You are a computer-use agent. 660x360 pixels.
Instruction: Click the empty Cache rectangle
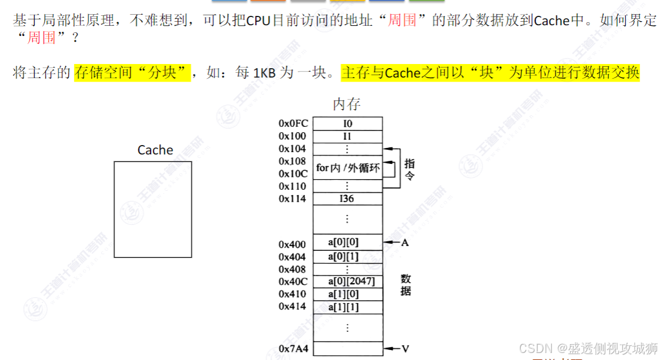[x=153, y=209]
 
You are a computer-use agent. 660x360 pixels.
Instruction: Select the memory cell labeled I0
[x=347, y=124]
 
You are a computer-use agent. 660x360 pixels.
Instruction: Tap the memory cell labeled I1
[x=347, y=136]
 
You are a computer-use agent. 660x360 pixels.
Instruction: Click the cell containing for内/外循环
[x=347, y=168]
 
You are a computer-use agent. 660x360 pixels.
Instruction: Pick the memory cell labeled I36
[x=347, y=198]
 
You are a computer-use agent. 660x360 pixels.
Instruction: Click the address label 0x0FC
[x=293, y=124]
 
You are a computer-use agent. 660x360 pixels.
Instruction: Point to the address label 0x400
[x=292, y=244]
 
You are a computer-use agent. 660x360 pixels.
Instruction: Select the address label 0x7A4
[x=293, y=349]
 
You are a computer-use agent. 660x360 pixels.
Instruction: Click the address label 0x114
[x=292, y=198]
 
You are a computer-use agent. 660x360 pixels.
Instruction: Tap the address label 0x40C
[x=293, y=281]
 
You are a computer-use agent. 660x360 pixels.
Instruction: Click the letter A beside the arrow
[x=404, y=242]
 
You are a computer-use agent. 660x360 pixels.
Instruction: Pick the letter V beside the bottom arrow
[x=405, y=349]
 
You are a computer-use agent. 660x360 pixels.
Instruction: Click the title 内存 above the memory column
[x=347, y=105]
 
